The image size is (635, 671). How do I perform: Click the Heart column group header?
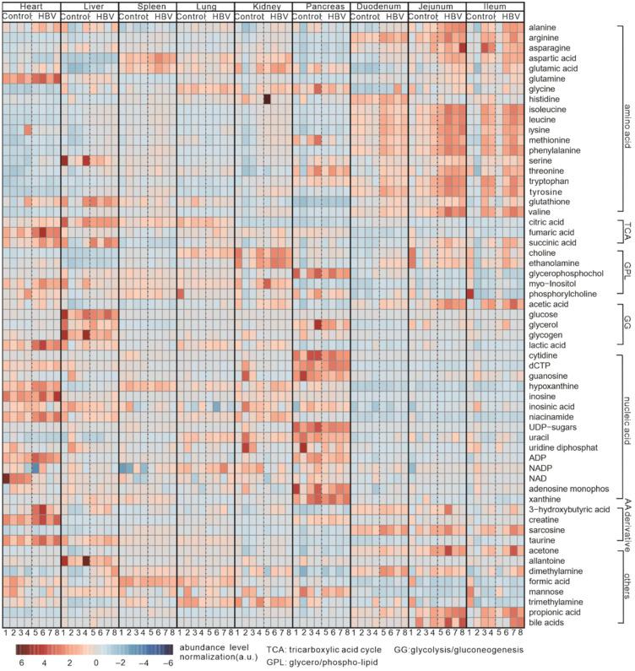(31, 7)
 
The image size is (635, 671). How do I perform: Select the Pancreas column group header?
(320, 7)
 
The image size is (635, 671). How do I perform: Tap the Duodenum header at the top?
(377, 7)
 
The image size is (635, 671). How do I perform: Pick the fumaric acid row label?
(551, 232)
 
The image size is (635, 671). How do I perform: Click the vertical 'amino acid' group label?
(627, 119)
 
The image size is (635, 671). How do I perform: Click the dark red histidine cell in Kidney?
(267, 99)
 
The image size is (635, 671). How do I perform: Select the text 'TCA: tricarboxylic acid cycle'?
(331, 650)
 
